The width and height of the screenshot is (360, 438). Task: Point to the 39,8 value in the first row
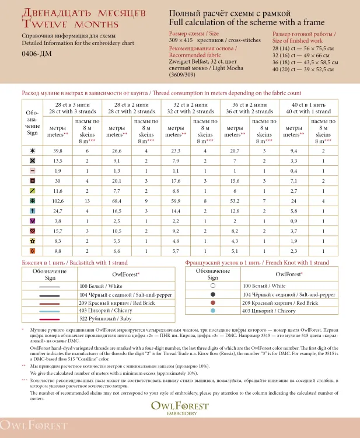tap(57, 150)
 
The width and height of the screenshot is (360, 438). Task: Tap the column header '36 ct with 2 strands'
tap(248, 112)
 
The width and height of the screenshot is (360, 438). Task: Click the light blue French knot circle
tap(213, 311)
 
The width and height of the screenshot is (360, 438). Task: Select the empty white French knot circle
tap(213, 287)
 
